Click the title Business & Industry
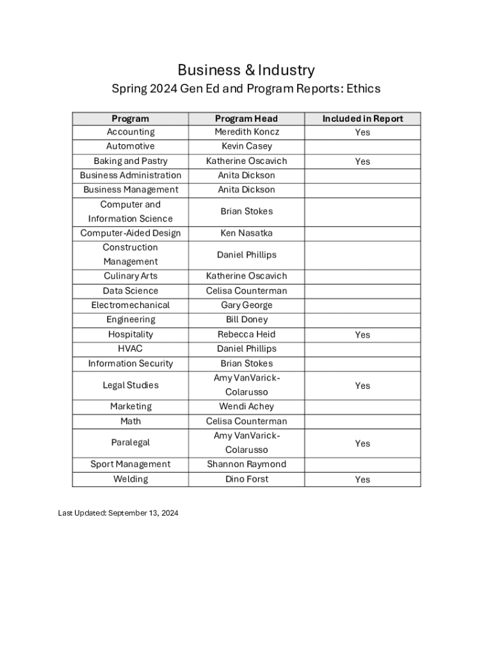[x=246, y=70]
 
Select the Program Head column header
[x=247, y=119]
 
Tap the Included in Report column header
[x=362, y=119]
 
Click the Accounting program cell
[x=131, y=132]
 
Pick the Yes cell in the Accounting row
[x=362, y=133]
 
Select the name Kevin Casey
[x=247, y=146]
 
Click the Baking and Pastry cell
[x=131, y=161]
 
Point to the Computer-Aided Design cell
[x=131, y=233]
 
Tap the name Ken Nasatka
[x=247, y=233]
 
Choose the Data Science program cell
[x=131, y=291]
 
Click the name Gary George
[x=247, y=305]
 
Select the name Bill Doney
[x=247, y=320]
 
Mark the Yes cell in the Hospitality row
[x=362, y=334]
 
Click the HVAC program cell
[x=131, y=348]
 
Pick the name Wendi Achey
[x=247, y=406]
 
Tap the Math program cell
[x=131, y=421]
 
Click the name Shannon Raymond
[x=247, y=464]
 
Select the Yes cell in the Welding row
[x=362, y=479]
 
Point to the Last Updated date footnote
[x=118, y=513]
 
